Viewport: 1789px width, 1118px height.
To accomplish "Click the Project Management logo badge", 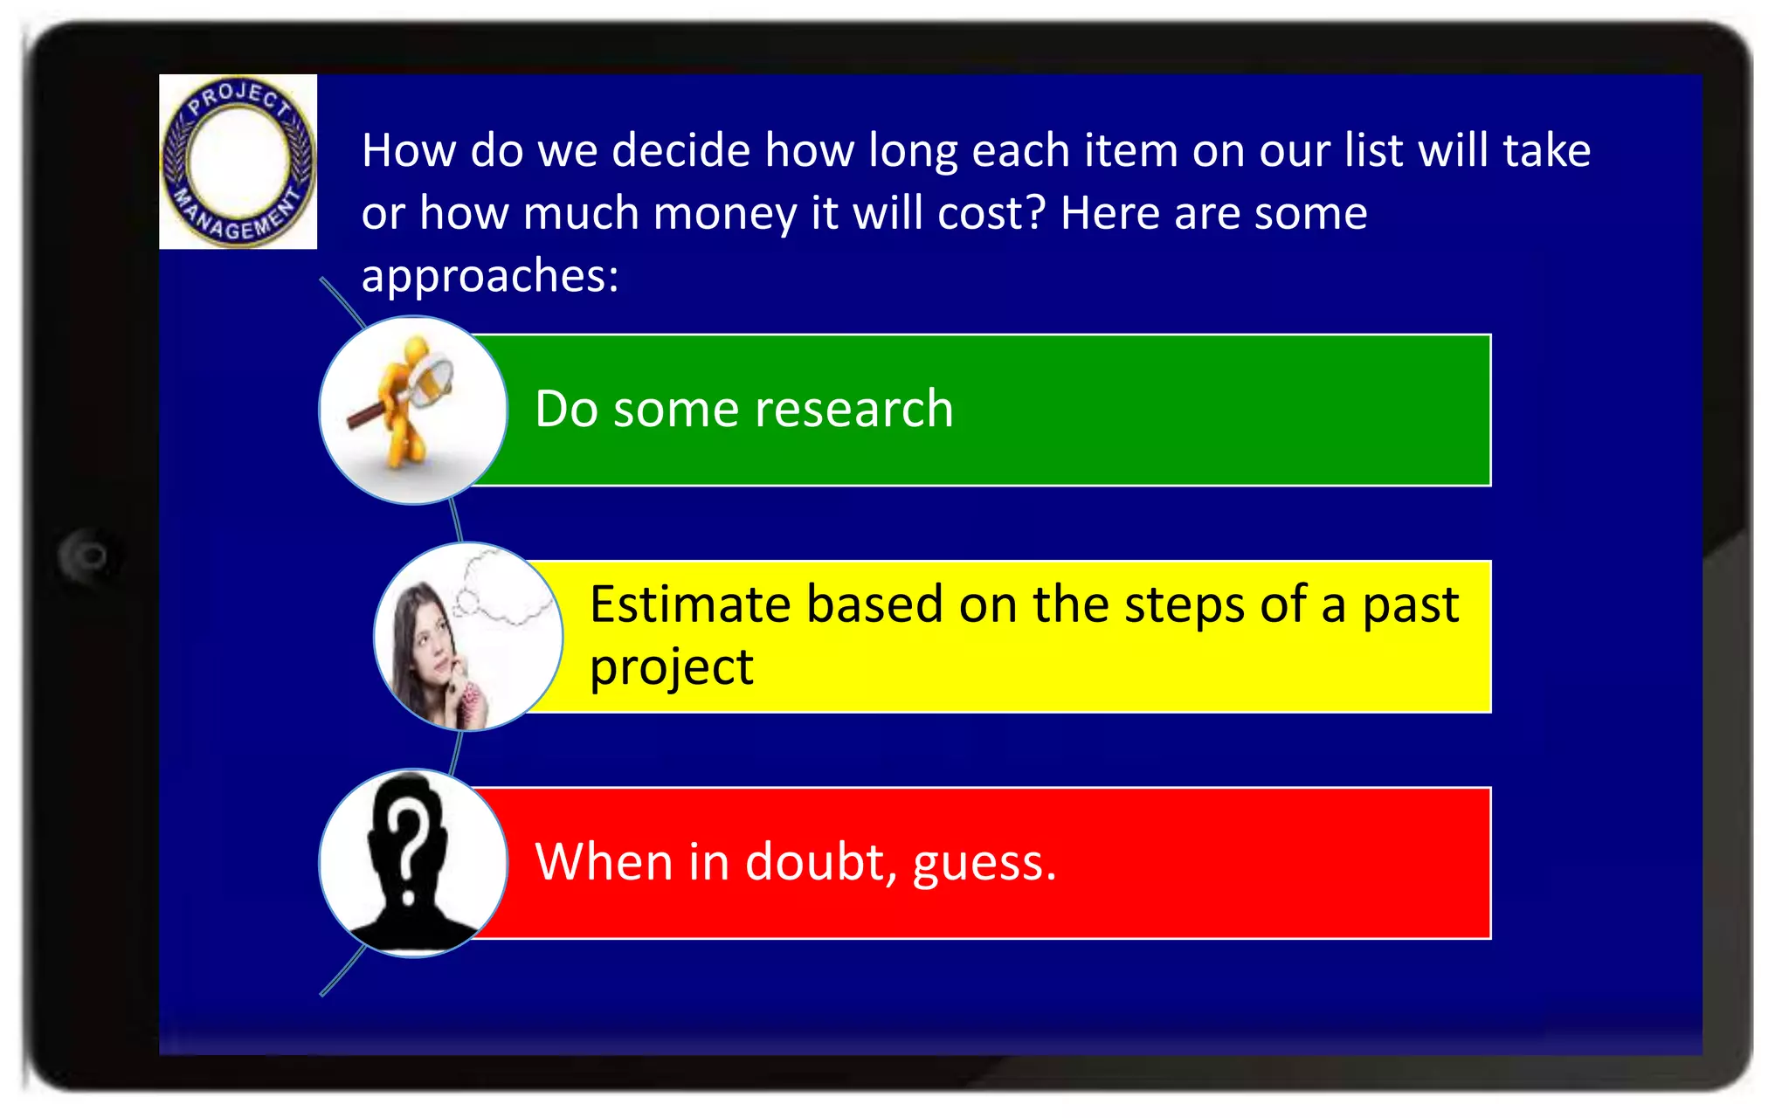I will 238,162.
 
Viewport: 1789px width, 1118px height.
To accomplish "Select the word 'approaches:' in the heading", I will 490,276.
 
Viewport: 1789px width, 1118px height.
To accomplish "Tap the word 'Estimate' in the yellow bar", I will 690,604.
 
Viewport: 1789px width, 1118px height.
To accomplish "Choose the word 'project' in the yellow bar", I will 671,667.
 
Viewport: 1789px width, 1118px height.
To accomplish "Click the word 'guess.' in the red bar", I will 984,863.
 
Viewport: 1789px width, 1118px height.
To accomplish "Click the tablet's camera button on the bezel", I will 88,556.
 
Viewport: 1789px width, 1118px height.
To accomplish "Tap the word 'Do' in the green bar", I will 566,409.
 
